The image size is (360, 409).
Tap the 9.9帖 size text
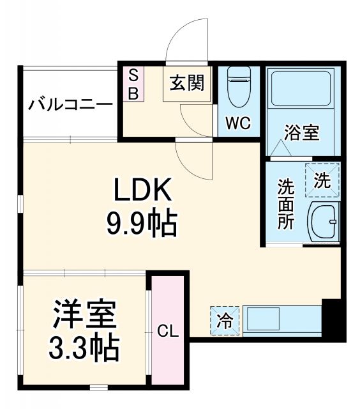coord(142,223)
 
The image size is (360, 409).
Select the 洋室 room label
coord(84,314)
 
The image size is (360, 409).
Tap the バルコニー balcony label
coord(70,104)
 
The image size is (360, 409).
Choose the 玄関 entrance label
coord(187,82)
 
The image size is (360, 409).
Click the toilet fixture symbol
coord(238,90)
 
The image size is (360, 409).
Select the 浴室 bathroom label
coord(301,134)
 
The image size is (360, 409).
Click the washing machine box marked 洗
coord(322,179)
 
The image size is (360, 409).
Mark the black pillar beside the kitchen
coord(333,319)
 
